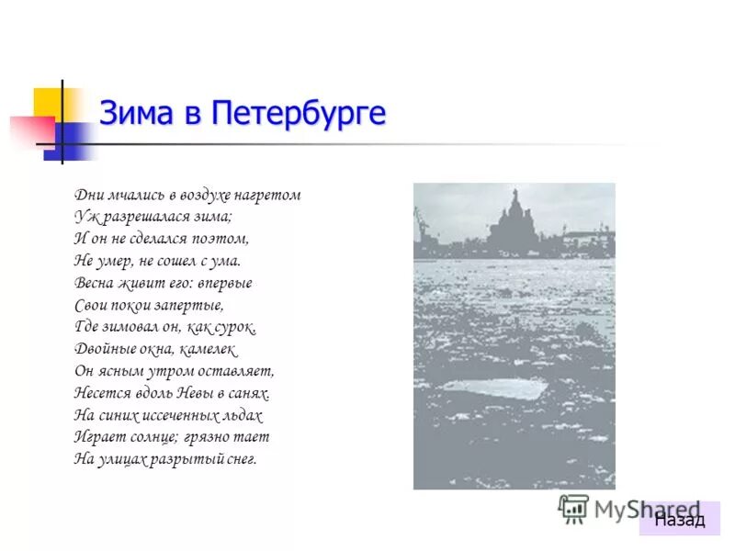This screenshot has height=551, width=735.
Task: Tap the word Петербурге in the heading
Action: [298, 113]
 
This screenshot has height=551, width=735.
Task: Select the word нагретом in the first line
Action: [269, 196]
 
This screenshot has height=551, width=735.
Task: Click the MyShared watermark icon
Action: [573, 508]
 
